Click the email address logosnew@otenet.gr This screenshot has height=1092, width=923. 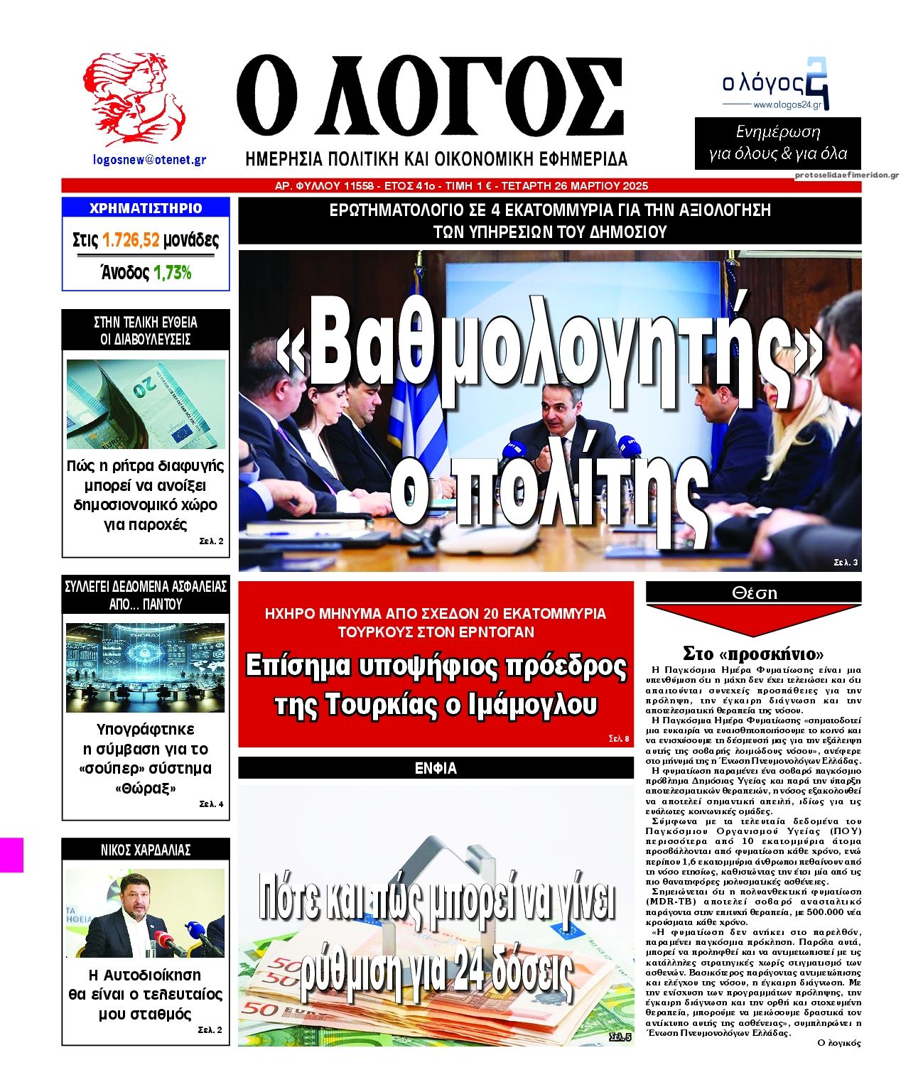149,160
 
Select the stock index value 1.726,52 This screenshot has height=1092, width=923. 131,240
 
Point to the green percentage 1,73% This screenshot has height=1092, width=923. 173,273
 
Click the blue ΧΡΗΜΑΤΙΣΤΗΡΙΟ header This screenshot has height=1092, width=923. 146,208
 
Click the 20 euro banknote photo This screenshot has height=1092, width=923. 146,404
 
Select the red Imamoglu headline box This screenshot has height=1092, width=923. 436,664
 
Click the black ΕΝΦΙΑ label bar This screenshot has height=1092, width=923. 436,768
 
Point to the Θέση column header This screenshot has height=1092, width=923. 753,593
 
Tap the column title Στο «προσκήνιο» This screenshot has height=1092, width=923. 752,653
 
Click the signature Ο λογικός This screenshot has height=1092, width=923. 839,1043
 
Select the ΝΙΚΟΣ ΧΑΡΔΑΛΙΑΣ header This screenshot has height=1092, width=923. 146,850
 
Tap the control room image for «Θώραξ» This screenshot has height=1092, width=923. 146,667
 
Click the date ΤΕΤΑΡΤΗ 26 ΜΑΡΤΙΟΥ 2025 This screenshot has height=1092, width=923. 575,186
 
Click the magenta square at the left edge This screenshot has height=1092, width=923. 11,855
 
